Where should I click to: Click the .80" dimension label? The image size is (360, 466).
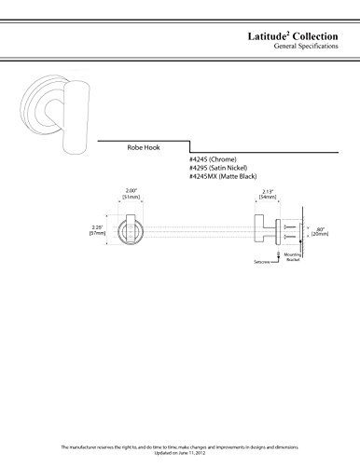tap(319, 225)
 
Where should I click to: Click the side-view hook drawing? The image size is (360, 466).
tap(265, 229)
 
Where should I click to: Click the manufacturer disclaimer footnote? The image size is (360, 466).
tap(180, 450)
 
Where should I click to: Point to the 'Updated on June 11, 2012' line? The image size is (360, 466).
tap(180, 457)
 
